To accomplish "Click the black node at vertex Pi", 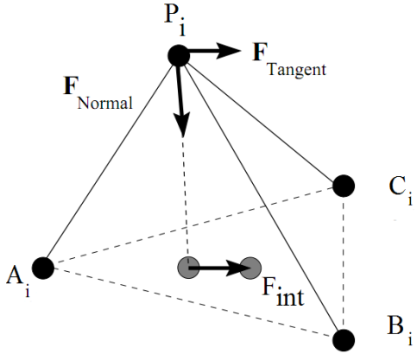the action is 179,56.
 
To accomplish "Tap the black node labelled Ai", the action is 43,268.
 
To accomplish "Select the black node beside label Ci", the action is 344,186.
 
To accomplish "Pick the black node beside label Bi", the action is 344,340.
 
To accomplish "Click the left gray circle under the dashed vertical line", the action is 188,268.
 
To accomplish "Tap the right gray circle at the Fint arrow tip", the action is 250,268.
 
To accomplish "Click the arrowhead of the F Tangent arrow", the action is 229,51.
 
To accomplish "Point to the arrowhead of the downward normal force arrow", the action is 182,123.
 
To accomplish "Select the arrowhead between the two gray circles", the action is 237,268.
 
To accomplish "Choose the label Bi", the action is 400,331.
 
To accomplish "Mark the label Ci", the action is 401,191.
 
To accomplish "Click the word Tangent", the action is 297,70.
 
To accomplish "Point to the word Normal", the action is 105,103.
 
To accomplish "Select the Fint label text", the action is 283,292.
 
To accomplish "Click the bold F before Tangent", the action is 260,52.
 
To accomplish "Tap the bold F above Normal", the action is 71,85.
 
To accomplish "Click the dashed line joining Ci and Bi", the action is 344,263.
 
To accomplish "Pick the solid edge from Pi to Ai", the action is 111,161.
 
